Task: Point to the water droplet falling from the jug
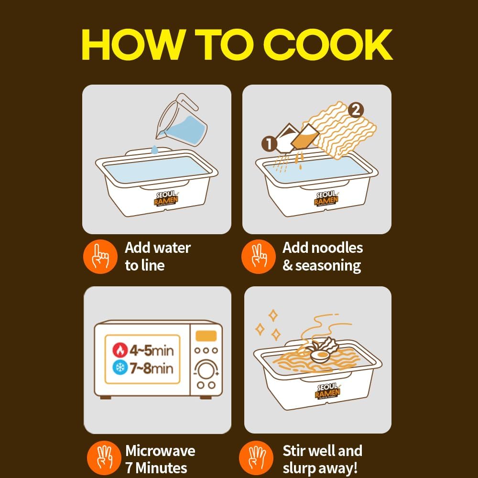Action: (155, 150)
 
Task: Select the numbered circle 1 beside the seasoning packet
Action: (269, 143)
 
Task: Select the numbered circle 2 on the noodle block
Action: (354, 110)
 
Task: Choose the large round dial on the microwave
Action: (206, 370)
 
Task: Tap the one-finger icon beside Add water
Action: (100, 256)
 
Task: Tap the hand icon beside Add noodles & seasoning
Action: (258, 256)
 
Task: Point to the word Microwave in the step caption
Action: (160, 451)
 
